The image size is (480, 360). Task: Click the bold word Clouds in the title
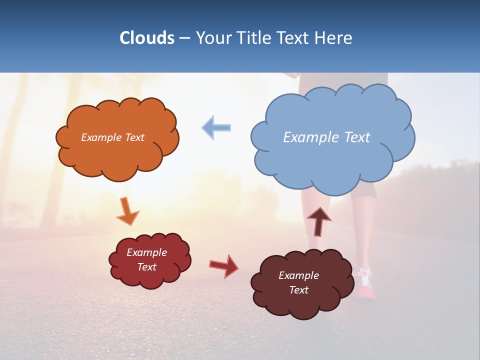(x=146, y=38)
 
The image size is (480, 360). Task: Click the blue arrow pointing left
(x=216, y=127)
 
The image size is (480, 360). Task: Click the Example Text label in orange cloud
(x=112, y=137)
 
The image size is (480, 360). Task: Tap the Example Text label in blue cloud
(x=326, y=137)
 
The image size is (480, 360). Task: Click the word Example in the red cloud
(x=146, y=252)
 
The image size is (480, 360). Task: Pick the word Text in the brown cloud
(x=298, y=290)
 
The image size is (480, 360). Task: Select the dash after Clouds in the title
(x=184, y=38)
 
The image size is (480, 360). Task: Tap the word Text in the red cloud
(x=146, y=267)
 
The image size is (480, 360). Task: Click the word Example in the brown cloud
(x=298, y=275)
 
